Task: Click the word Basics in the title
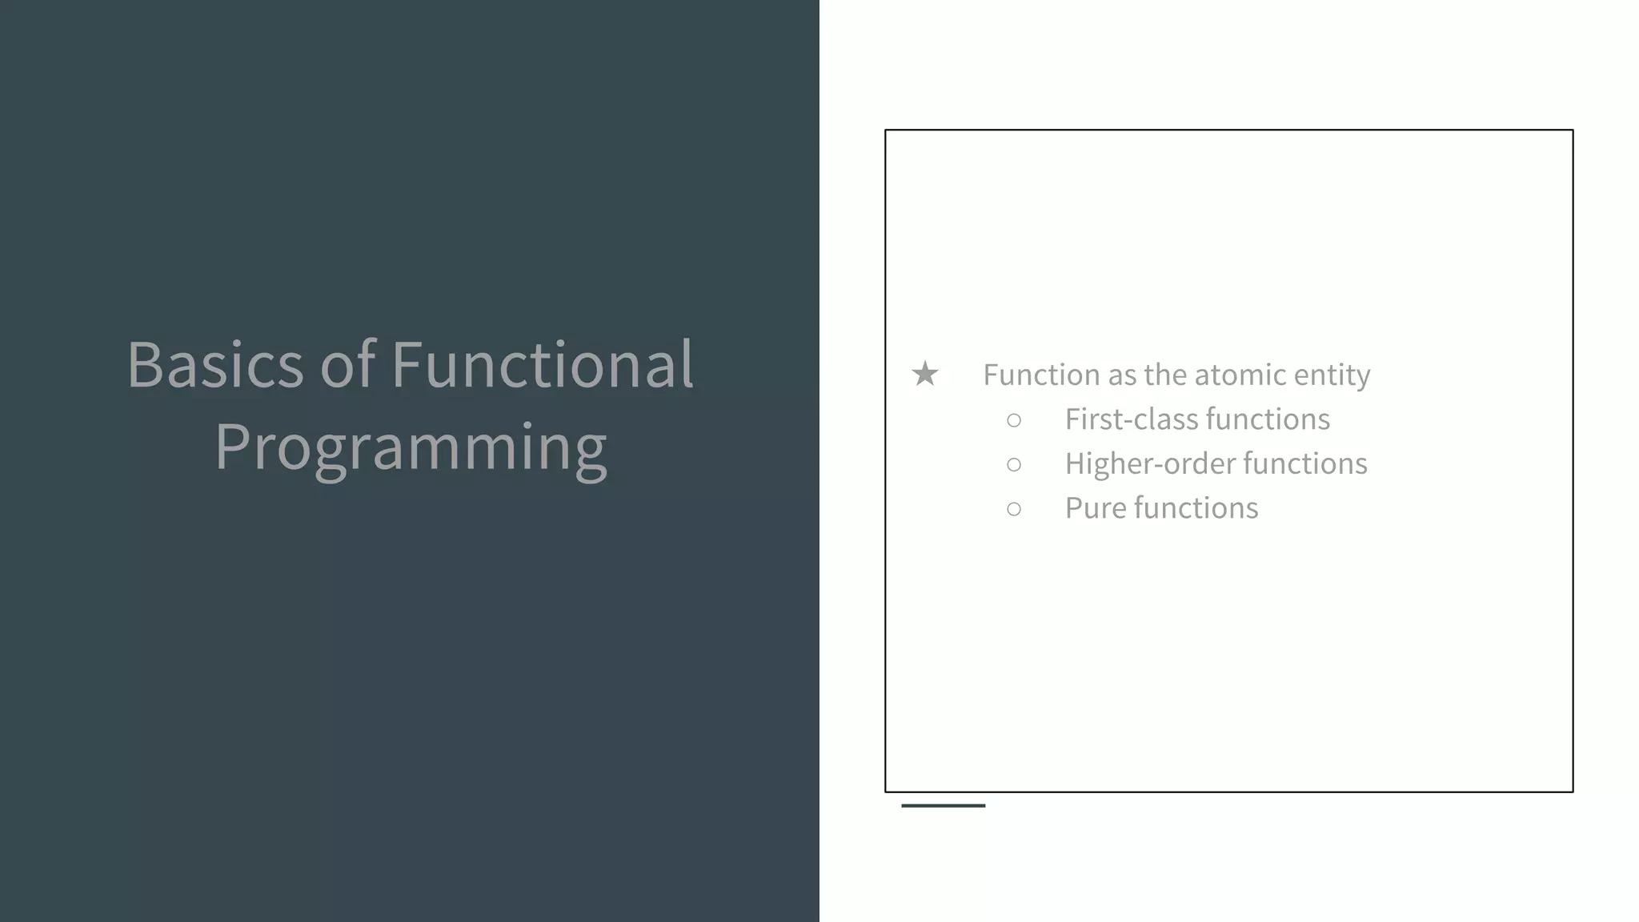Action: (214, 365)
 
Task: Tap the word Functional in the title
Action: (542, 365)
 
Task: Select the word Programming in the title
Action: (410, 448)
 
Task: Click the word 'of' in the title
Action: (347, 365)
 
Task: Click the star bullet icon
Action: (925, 374)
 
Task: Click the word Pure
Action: (1096, 508)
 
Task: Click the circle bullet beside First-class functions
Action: (1014, 420)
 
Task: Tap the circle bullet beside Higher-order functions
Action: (1014, 464)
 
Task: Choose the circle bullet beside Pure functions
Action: (1014, 509)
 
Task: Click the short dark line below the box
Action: (943, 805)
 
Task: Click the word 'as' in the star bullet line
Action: (1121, 375)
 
